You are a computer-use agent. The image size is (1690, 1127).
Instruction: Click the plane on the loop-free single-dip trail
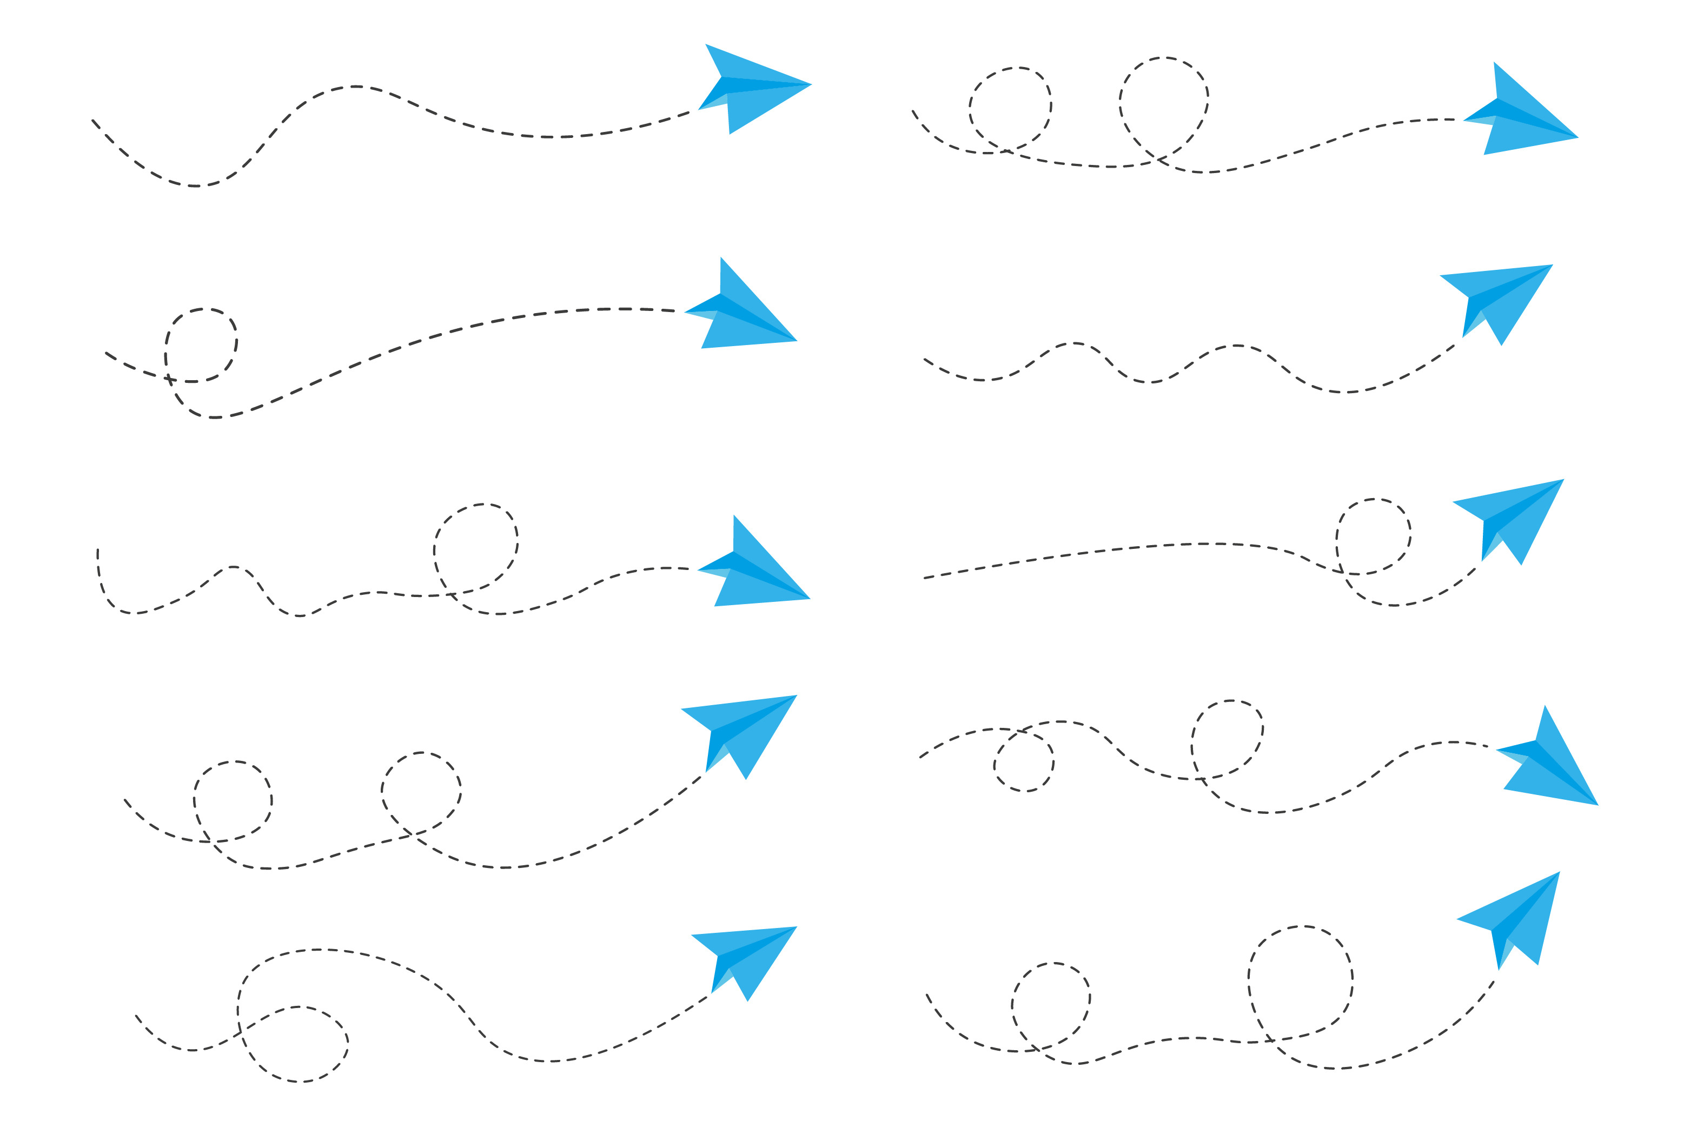pyautogui.click(x=747, y=90)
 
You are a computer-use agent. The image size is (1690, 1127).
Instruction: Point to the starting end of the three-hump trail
pyautogui.click(x=925, y=360)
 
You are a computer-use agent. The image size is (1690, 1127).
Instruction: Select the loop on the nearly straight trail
pyautogui.click(x=1373, y=536)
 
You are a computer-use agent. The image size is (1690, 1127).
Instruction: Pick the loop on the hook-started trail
pyautogui.click(x=475, y=550)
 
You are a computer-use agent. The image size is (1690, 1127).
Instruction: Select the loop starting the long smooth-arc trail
pyautogui.click(x=201, y=345)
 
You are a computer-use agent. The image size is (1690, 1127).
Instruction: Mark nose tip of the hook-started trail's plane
pyautogui.click(x=810, y=598)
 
